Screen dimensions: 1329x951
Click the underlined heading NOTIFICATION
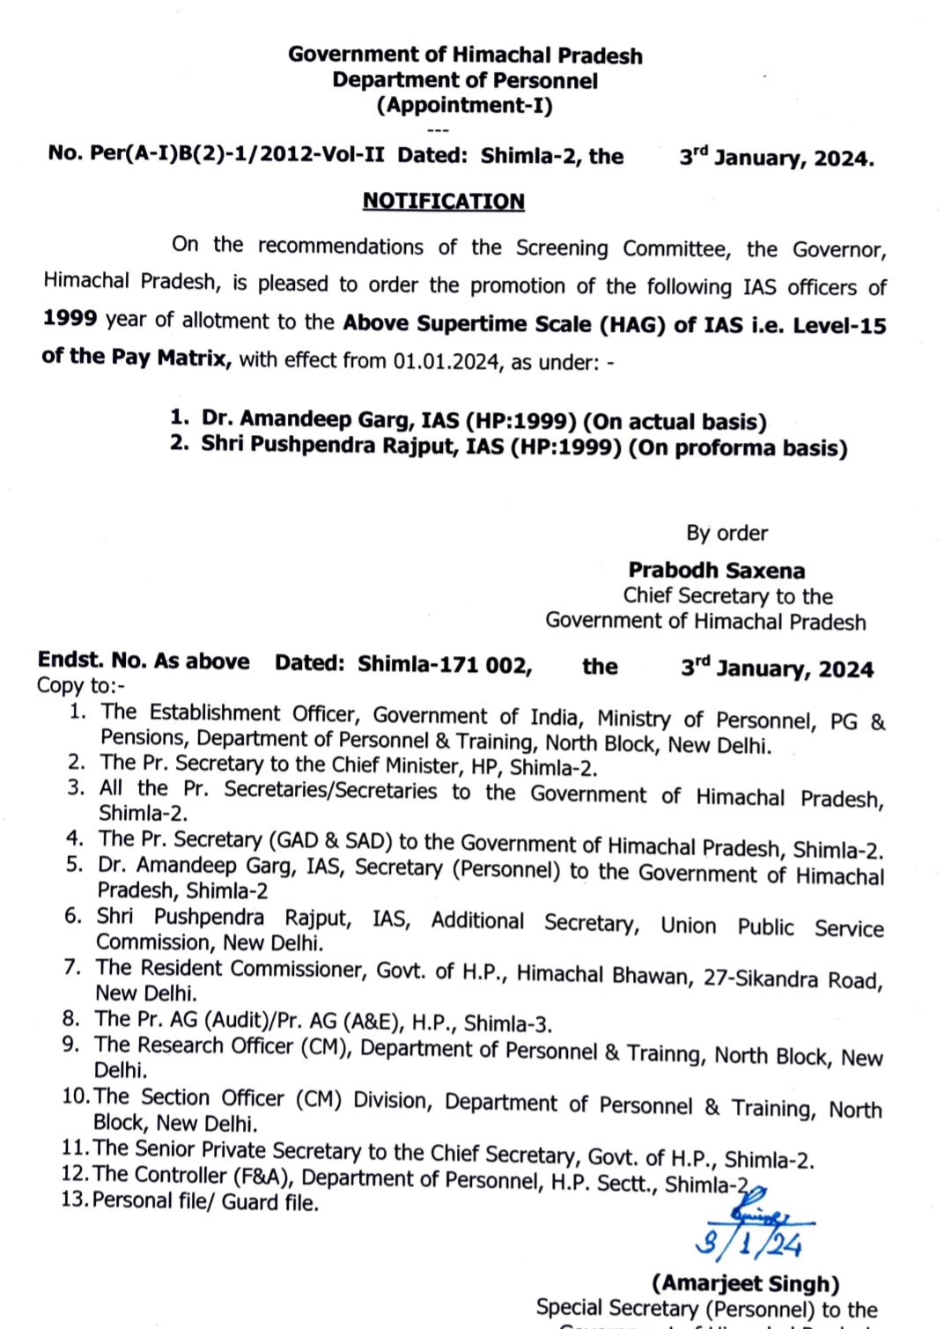tap(443, 201)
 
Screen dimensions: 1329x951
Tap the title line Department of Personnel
tap(465, 80)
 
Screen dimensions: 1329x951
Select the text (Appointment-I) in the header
tap(465, 106)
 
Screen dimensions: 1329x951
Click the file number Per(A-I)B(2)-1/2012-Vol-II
tap(237, 154)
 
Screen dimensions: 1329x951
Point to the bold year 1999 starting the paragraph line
tap(70, 318)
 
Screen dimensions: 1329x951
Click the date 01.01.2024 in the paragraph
tap(446, 361)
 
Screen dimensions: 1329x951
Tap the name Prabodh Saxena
tap(716, 571)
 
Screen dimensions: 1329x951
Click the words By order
tap(726, 533)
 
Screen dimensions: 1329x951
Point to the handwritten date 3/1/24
tap(748, 1243)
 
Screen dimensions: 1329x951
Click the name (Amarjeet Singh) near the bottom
tap(745, 1283)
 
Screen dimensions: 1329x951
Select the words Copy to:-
tap(81, 686)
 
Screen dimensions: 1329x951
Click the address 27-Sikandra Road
tap(792, 978)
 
